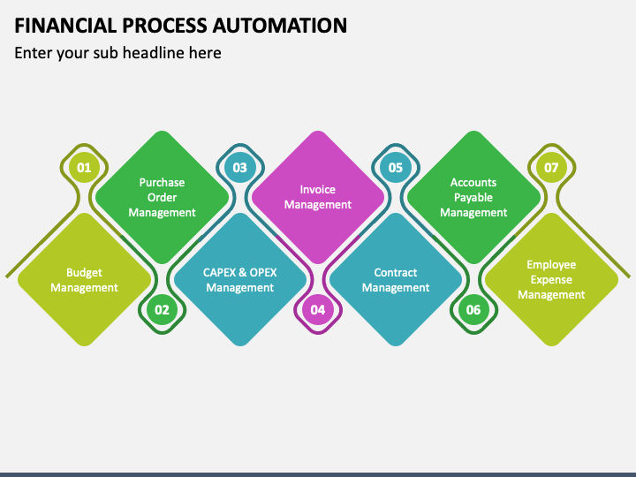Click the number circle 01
[84, 167]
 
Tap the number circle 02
[162, 310]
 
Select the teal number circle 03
[239, 167]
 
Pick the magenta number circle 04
[318, 310]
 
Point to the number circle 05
[396, 167]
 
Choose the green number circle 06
[473, 310]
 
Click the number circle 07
[551, 167]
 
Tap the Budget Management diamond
[85, 279]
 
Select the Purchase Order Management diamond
[162, 198]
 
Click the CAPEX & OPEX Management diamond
[240, 279]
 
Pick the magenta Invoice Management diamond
[318, 198]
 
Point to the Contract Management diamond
[396, 279]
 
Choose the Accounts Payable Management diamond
[473, 198]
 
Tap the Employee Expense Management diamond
[551, 279]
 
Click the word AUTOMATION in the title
[280, 25]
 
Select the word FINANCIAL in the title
[65, 25]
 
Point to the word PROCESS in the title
[165, 25]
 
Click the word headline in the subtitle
[154, 53]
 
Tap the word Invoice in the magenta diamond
[318, 189]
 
